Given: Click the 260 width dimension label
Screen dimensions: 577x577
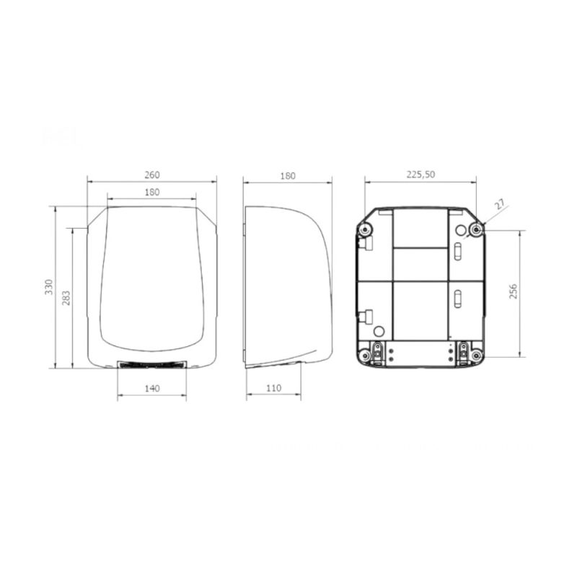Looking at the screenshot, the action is point(152,175).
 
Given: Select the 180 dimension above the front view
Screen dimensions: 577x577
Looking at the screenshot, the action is point(152,192).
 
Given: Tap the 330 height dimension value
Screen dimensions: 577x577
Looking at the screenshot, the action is point(49,287).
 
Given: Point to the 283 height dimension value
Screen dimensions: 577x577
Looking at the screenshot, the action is point(66,298).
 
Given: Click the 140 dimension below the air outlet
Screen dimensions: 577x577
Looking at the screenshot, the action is point(152,388).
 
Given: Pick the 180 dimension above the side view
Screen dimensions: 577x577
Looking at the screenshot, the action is point(288,176).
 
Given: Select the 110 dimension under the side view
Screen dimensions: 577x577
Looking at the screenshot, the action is point(274,388).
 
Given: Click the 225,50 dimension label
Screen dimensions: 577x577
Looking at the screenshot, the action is point(420,175).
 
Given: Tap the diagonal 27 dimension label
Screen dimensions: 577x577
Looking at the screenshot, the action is point(500,205).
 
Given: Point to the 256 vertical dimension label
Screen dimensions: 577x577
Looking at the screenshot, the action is point(514,291).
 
